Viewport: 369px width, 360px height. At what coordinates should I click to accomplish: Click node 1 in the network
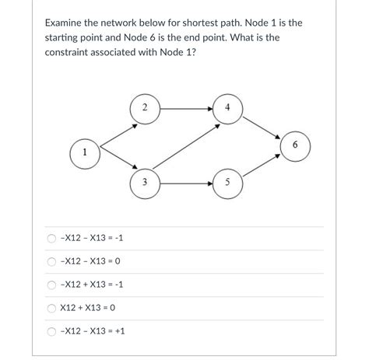[x=83, y=152]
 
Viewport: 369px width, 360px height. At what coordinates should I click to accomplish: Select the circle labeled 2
[x=146, y=107]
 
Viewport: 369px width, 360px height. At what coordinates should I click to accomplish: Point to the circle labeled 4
[x=227, y=107]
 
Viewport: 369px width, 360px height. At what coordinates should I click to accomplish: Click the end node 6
[x=295, y=145]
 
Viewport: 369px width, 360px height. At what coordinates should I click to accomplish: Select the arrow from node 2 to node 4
[x=186, y=107]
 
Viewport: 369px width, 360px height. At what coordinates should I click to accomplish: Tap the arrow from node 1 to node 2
[x=114, y=130]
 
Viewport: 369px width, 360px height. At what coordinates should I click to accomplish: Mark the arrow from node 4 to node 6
[x=262, y=126]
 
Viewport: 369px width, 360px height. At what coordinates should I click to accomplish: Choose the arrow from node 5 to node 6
[x=262, y=165]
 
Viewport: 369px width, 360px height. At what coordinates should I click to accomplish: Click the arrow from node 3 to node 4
[x=185, y=145]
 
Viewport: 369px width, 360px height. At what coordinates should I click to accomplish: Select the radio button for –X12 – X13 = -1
[x=51, y=238]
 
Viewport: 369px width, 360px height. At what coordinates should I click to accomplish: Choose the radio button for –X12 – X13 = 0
[x=51, y=261]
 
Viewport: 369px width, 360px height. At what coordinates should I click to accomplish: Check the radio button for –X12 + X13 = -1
[x=51, y=285]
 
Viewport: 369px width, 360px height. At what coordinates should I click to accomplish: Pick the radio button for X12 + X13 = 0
[x=51, y=308]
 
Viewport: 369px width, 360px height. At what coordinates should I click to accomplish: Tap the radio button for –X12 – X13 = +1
[x=51, y=331]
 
